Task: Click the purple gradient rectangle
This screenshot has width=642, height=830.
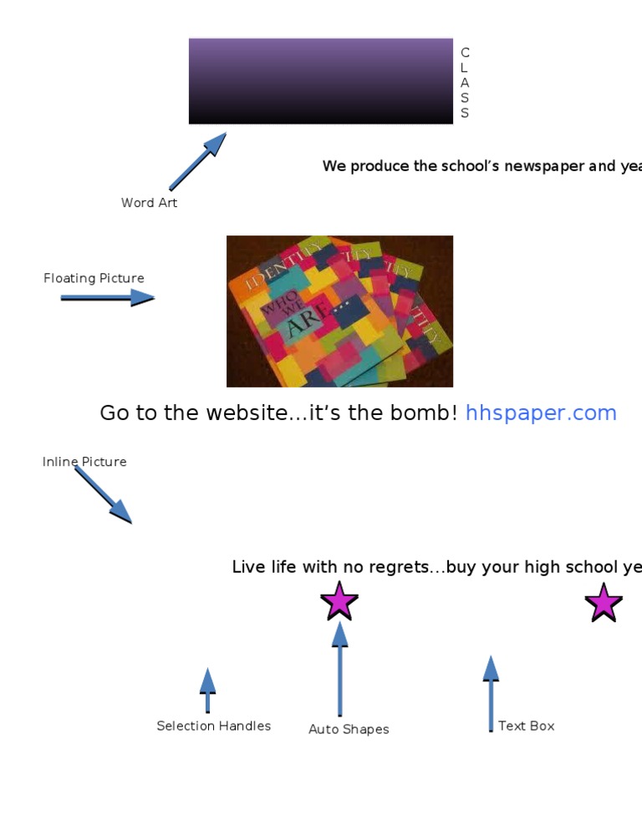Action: pyautogui.click(x=320, y=81)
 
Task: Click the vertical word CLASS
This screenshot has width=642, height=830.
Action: pyautogui.click(x=465, y=83)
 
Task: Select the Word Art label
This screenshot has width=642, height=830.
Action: pyautogui.click(x=149, y=203)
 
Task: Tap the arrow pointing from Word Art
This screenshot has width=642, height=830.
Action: pyautogui.click(x=198, y=160)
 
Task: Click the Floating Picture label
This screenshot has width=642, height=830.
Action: pyautogui.click(x=94, y=278)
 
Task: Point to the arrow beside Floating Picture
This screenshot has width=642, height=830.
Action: pyautogui.click(x=107, y=297)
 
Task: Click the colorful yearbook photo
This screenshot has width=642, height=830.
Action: pyautogui.click(x=339, y=311)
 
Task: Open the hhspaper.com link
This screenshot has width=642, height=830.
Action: pyautogui.click(x=541, y=412)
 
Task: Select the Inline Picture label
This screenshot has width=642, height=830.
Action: pyautogui.click(x=84, y=462)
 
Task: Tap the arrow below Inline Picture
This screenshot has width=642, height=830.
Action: pyautogui.click(x=104, y=495)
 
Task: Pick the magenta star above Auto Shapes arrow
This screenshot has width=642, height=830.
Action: pyautogui.click(x=339, y=601)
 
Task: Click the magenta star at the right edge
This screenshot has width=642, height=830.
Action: pyautogui.click(x=604, y=603)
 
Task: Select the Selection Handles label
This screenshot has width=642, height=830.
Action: pyautogui.click(x=214, y=726)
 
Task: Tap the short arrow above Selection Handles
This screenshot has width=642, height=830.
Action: pyautogui.click(x=207, y=690)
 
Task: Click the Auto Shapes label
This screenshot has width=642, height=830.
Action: pyautogui.click(x=349, y=729)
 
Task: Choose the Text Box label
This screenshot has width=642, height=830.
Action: pyautogui.click(x=527, y=726)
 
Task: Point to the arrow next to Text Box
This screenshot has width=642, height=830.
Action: pyautogui.click(x=491, y=693)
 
